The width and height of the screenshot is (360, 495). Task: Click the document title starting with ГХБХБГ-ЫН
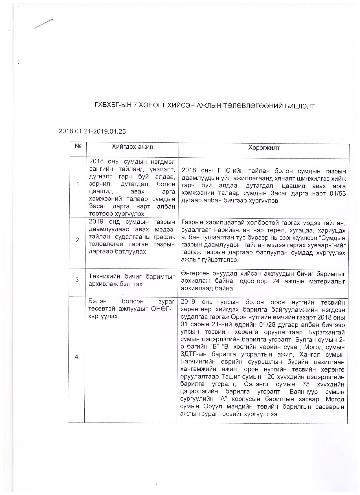point(204,106)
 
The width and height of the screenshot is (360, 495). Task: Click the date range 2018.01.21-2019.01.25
point(92,131)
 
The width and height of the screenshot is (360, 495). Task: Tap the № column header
point(78,147)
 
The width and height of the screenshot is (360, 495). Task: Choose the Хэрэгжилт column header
point(264,148)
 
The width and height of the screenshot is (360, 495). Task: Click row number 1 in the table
point(78,184)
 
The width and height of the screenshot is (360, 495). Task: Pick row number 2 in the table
point(77,240)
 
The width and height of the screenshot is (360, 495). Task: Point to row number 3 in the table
point(77,280)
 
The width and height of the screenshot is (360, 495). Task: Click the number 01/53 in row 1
point(337,194)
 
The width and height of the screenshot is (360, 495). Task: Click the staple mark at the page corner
point(44,24)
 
